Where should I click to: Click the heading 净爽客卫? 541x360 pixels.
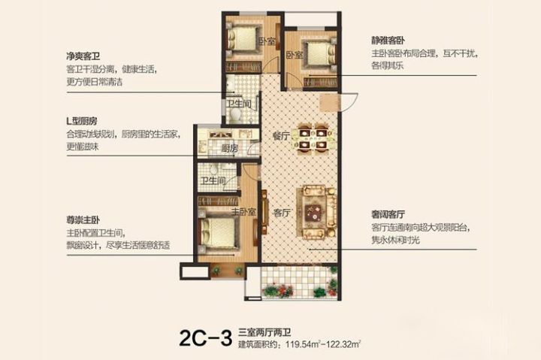tap(83, 55)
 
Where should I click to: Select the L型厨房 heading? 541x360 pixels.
tap(82, 121)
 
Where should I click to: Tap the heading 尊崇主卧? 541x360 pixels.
tap(83, 221)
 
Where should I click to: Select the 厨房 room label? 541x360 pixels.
tap(229, 148)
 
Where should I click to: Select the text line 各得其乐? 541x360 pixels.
tap(389, 67)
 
